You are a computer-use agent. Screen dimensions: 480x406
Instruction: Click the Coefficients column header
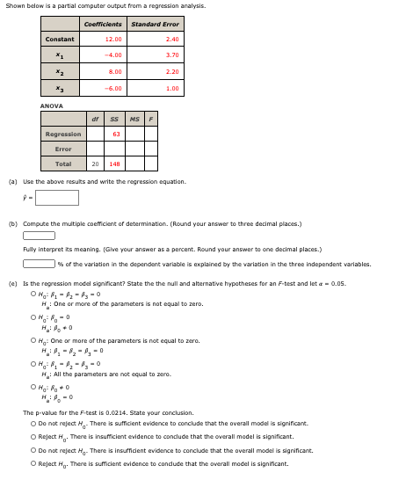(x=102, y=24)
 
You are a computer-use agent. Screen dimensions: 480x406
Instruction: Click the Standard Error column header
(x=155, y=24)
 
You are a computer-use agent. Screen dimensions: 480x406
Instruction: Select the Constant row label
(x=60, y=39)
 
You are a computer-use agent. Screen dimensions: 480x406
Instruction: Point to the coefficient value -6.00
(x=113, y=89)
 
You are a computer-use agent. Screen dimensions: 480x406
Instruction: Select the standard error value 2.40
(x=172, y=39)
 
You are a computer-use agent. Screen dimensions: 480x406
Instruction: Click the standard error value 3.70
(x=172, y=55)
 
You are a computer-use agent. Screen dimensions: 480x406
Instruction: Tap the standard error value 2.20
(x=172, y=72)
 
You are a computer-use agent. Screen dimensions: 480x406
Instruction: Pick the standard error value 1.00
(x=172, y=89)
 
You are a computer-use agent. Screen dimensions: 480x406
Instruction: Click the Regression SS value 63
(x=117, y=134)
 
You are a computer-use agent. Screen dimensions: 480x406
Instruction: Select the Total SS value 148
(x=115, y=164)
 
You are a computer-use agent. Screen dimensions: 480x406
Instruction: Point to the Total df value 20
(x=95, y=164)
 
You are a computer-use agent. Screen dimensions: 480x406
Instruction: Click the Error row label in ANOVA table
(x=63, y=149)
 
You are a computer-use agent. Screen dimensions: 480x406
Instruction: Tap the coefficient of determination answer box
(x=39, y=235)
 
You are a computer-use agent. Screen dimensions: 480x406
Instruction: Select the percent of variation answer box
(x=39, y=263)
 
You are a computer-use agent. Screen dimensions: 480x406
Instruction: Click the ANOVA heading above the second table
(x=51, y=105)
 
